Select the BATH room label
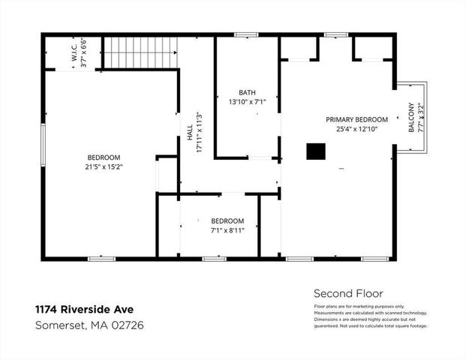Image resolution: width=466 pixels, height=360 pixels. click(247, 92)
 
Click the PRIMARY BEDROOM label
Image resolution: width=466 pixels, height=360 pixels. click(356, 119)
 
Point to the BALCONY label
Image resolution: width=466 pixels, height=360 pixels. click(411, 118)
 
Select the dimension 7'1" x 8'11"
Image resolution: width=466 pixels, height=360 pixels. click(227, 230)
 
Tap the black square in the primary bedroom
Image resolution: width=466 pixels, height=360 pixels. click(314, 151)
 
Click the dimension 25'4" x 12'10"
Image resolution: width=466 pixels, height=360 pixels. click(356, 129)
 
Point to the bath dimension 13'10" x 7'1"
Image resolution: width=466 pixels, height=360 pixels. click(247, 101)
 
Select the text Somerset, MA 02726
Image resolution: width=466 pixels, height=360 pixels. click(90, 325)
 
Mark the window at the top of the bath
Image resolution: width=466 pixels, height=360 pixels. click(246, 34)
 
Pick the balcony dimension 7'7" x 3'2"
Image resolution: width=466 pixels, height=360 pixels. click(421, 118)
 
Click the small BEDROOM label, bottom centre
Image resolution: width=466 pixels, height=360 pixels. click(227, 220)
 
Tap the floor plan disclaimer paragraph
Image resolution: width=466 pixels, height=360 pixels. click(370, 314)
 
